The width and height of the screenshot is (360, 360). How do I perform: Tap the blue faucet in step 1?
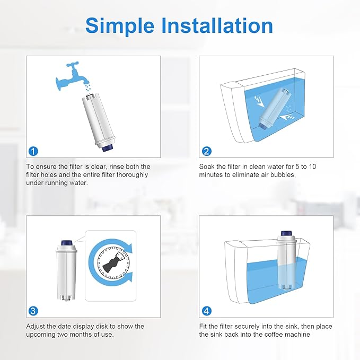[x=71, y=79]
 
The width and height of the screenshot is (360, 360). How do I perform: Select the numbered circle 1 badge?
[x=33, y=151]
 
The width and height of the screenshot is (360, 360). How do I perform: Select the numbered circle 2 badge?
[x=206, y=151]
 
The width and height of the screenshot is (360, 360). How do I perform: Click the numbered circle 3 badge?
[x=33, y=311]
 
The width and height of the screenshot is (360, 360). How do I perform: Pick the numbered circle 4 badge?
[x=206, y=311]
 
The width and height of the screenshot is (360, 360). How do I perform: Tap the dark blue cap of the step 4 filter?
[x=285, y=234]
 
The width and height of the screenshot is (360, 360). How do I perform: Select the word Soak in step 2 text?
[x=208, y=166]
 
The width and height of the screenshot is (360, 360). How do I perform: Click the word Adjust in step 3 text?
[x=36, y=326]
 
